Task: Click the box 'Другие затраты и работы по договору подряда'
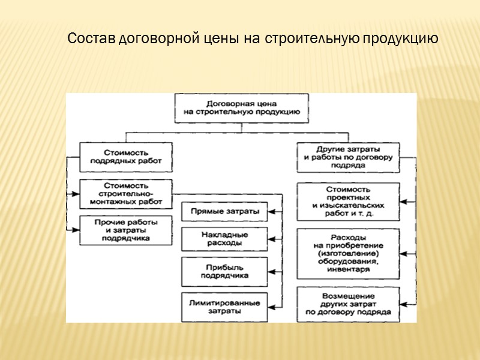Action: click(348, 157)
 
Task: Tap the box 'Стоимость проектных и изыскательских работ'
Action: click(348, 201)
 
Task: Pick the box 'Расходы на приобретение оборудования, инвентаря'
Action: click(348, 253)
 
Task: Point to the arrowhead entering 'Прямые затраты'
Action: click(271, 211)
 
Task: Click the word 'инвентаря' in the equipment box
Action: click(348, 269)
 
